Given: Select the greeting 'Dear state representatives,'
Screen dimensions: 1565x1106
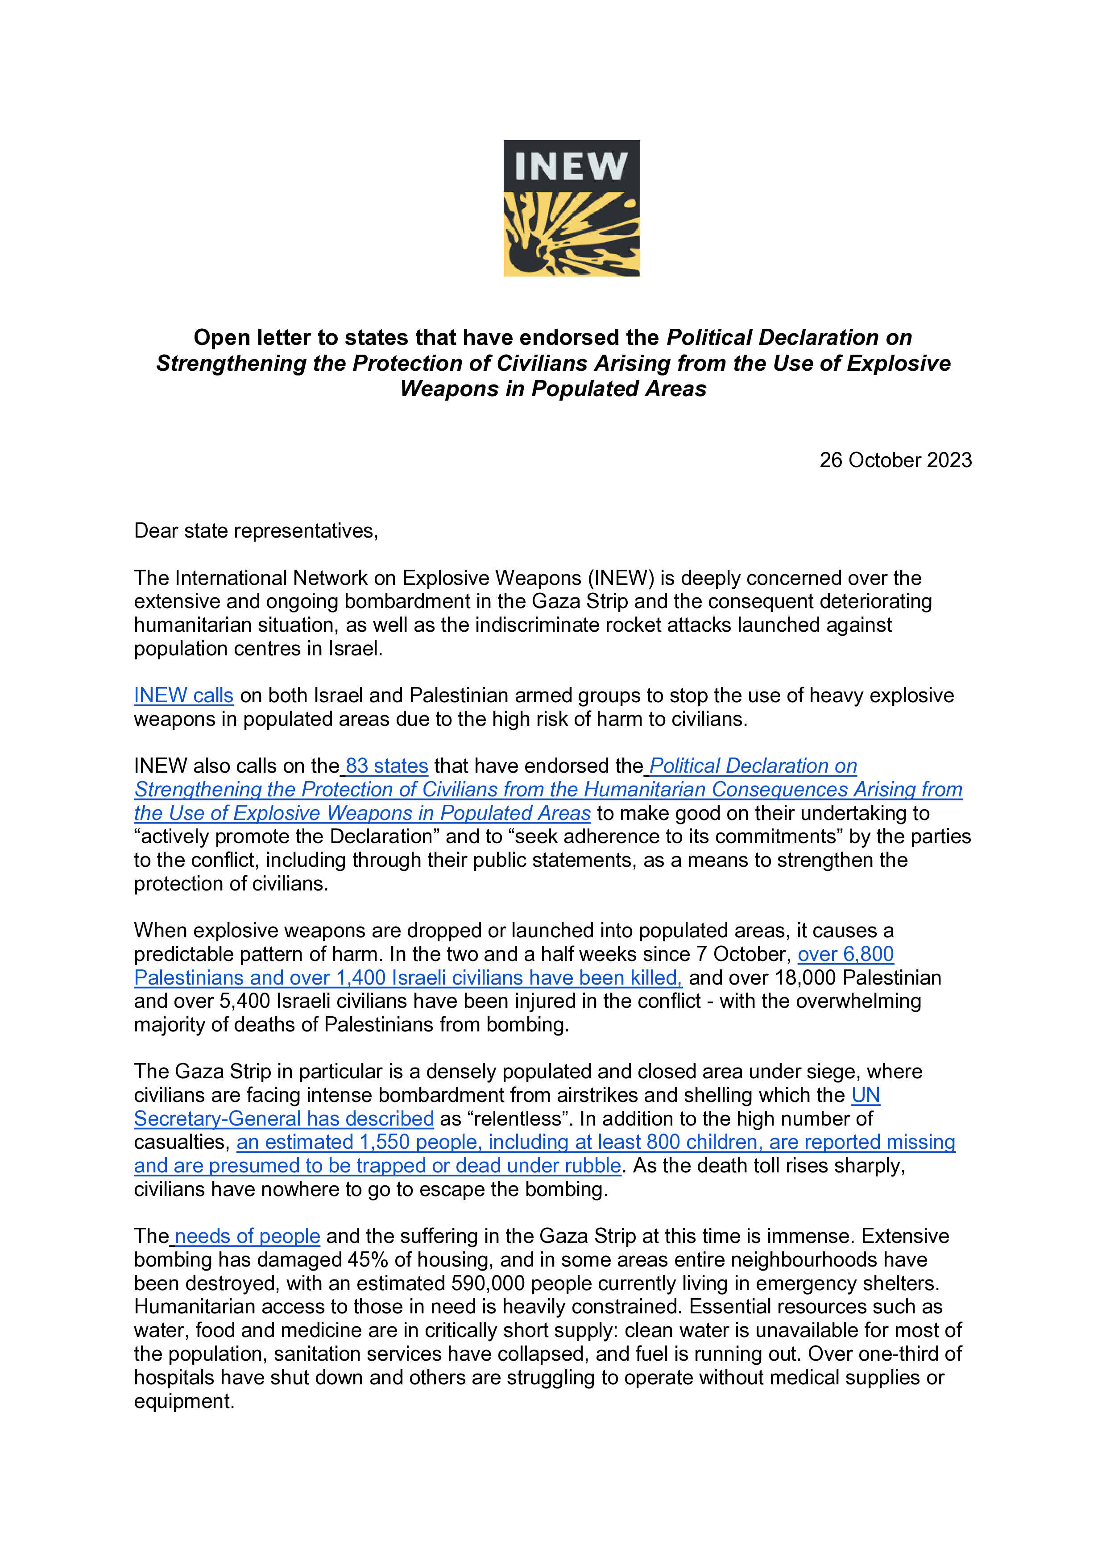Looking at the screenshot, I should coord(256,531).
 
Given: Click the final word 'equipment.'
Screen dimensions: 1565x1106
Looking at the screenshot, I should coord(184,1401).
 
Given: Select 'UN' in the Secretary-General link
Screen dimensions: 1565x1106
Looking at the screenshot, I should coord(866,1095).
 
